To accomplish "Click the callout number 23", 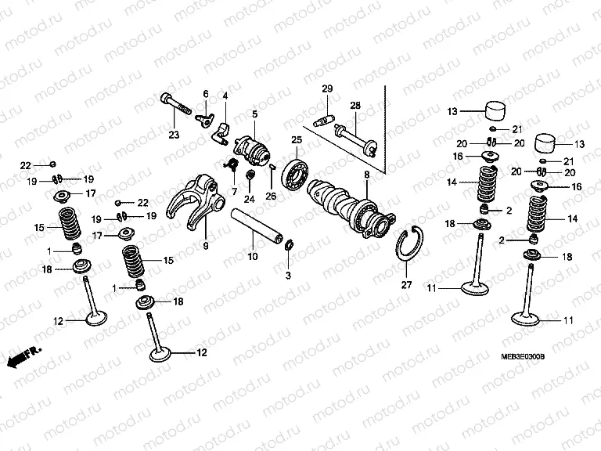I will click(x=174, y=135).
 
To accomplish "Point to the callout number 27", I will click(x=406, y=285).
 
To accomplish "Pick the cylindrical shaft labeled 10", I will click(x=255, y=225).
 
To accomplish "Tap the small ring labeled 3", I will click(x=288, y=247).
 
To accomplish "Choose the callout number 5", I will click(x=254, y=114).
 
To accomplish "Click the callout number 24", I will click(x=249, y=199).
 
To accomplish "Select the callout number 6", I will click(x=207, y=94).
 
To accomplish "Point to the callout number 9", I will click(x=206, y=246).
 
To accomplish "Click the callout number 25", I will click(x=297, y=139).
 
